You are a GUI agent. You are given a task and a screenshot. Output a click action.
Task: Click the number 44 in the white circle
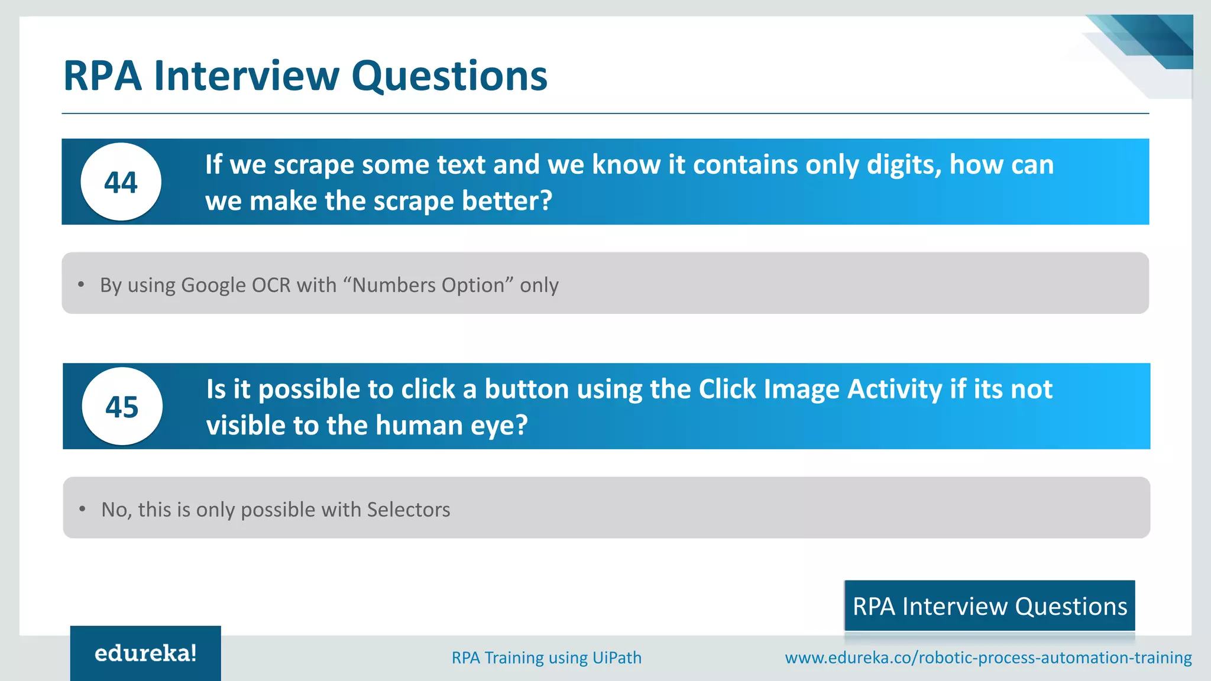pos(121,182)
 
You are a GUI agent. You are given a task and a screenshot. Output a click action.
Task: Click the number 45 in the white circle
pos(122,407)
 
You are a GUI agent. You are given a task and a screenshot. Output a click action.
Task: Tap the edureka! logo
pos(145,653)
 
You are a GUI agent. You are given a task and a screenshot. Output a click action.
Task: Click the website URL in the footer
pos(988,657)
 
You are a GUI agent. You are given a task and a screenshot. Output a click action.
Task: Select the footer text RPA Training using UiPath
pos(546,657)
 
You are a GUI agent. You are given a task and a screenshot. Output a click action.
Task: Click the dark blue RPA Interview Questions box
pos(989,606)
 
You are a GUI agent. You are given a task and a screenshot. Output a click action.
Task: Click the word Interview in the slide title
pos(247,76)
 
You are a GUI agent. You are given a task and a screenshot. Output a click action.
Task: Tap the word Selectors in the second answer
pos(409,510)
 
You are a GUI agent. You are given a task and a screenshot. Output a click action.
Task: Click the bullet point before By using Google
pos(81,285)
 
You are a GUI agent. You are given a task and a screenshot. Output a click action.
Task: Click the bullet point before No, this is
pos(82,509)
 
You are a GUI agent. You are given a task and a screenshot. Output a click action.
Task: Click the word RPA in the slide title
pos(102,76)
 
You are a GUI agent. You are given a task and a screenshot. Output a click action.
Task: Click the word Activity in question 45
pos(895,389)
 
